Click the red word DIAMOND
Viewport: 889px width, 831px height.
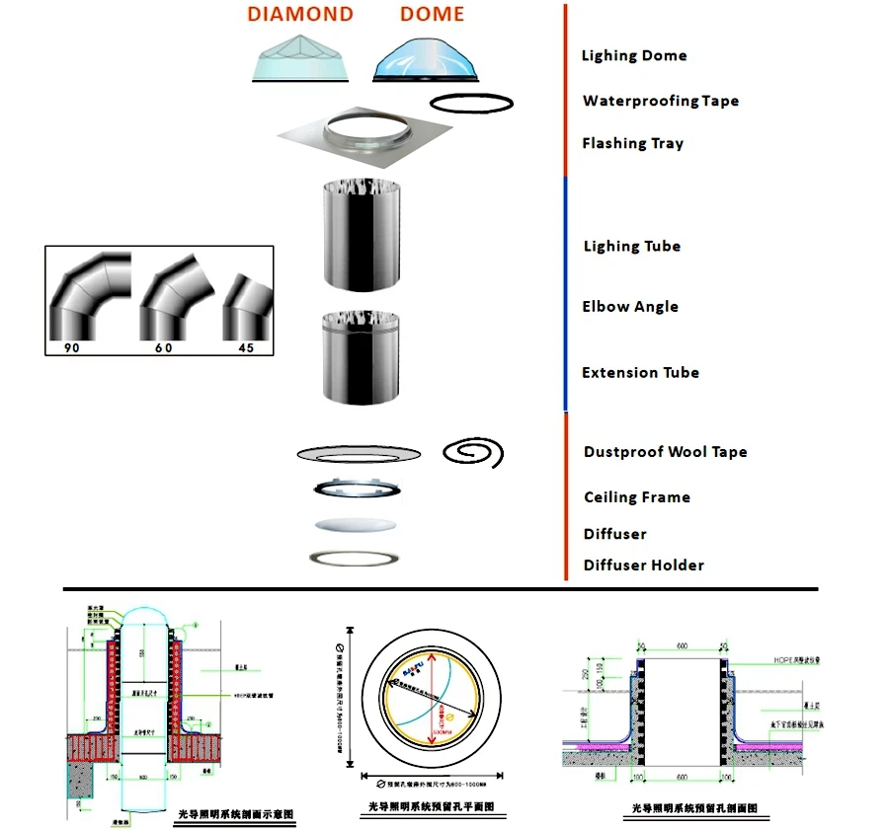click(x=299, y=14)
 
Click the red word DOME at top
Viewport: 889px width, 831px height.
click(x=432, y=14)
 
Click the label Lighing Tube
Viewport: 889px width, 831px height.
click(x=631, y=246)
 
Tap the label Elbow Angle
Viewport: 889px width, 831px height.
click(x=629, y=306)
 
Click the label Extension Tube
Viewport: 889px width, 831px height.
click(x=640, y=372)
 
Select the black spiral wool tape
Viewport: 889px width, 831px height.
click(x=473, y=452)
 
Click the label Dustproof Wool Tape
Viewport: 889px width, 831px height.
click(x=665, y=452)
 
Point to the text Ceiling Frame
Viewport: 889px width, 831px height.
click(x=636, y=496)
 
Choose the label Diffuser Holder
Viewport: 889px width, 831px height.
click(x=643, y=565)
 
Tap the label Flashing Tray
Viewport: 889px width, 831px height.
click(x=632, y=143)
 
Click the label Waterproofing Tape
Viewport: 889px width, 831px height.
click(x=660, y=101)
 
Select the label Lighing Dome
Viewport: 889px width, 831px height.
click(x=633, y=55)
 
